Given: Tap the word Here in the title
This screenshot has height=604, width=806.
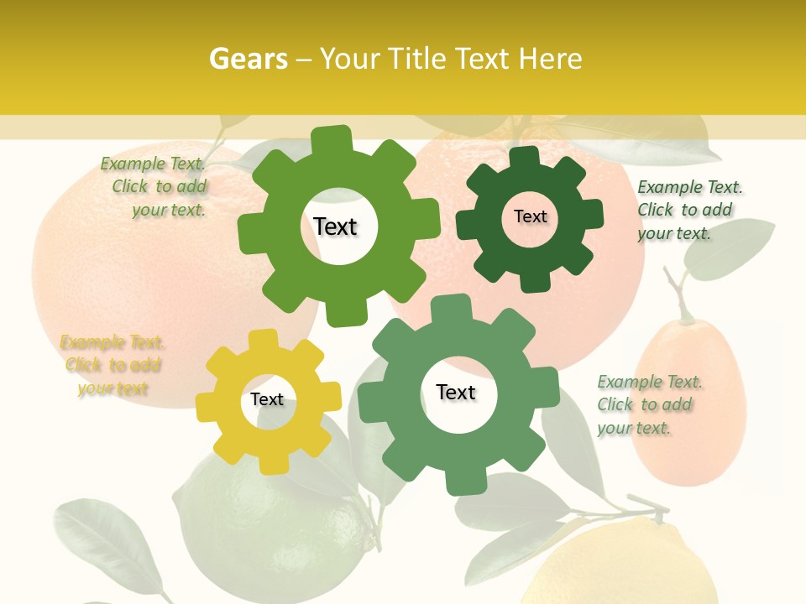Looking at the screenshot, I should click(550, 59).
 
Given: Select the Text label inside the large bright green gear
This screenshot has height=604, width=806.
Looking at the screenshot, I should click(335, 226).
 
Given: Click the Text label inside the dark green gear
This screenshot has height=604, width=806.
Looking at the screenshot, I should click(530, 216).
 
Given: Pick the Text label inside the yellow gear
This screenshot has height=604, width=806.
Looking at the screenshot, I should click(267, 399).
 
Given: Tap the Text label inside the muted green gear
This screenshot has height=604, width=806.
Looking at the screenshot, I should click(456, 393).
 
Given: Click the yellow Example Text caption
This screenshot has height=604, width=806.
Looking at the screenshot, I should click(113, 365).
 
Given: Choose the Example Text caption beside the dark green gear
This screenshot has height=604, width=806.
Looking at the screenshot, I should click(688, 210).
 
